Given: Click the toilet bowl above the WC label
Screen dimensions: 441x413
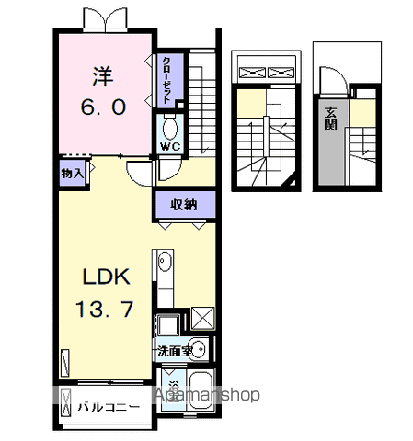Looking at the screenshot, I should tap(169, 126).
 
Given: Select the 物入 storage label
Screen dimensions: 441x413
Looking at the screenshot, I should tap(73, 172).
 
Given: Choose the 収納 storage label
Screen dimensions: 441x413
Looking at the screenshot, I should tap(184, 204).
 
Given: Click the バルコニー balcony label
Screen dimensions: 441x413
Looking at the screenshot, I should tap(109, 405).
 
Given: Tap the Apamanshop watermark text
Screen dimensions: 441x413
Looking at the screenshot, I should tap(208, 395).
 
